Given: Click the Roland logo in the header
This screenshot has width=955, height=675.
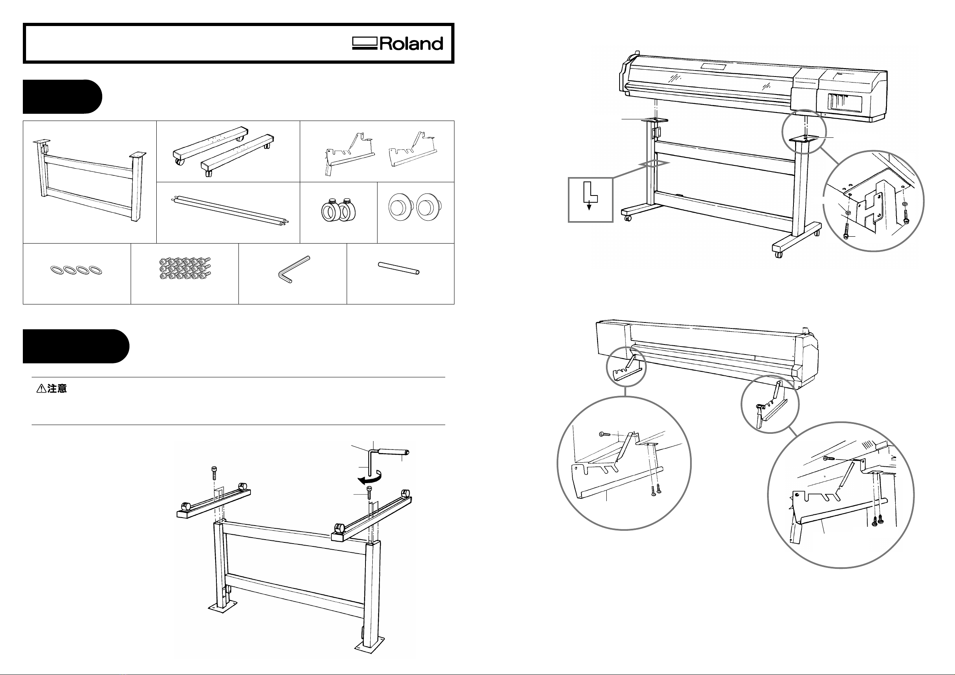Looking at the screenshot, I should click(398, 44).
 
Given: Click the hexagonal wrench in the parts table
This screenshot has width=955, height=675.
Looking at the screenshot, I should click(293, 270).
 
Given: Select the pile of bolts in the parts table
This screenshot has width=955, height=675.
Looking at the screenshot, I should click(185, 269).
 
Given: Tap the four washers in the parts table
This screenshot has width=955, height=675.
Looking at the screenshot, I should click(76, 270).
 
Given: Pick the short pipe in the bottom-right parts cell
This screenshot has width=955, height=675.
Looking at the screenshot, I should click(398, 268).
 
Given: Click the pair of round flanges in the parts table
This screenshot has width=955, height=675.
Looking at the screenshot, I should click(415, 207).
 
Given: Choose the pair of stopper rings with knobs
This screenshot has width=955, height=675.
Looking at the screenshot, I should click(339, 210).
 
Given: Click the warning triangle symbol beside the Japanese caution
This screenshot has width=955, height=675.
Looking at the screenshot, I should click(41, 389).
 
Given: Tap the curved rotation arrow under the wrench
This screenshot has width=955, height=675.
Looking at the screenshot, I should click(370, 477).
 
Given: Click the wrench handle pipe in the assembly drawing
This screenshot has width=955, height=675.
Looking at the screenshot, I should click(393, 451).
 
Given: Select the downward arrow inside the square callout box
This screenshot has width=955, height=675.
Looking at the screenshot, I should click(589, 206).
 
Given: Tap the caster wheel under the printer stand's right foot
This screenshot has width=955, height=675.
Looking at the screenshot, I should click(778, 254).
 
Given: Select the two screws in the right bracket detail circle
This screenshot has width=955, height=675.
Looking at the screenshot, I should click(878, 519).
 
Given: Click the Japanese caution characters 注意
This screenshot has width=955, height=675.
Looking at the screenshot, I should click(57, 389).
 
